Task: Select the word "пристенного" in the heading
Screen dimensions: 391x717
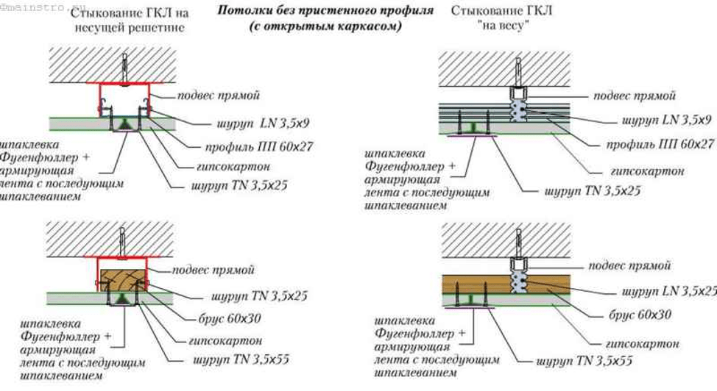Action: tap(325, 11)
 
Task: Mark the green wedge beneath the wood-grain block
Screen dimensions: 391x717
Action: tap(121, 297)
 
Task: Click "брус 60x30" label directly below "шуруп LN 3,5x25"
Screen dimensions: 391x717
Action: tap(640, 315)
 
